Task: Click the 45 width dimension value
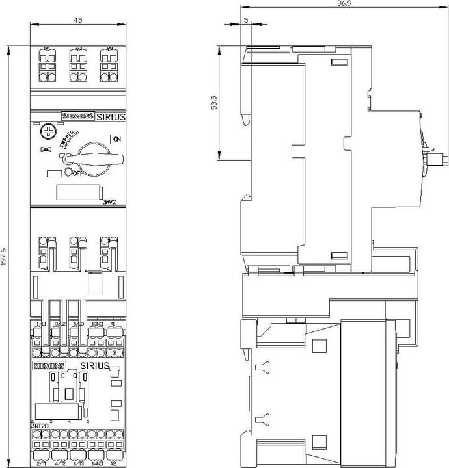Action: (x=78, y=20)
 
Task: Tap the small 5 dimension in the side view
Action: (x=246, y=21)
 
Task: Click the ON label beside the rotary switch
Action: (x=116, y=138)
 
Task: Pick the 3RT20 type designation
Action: (x=38, y=427)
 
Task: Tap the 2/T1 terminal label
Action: (x=42, y=462)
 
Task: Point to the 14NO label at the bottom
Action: (x=97, y=462)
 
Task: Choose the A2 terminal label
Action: (x=113, y=462)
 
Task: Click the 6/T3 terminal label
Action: (x=78, y=462)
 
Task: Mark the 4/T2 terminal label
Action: (x=61, y=462)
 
